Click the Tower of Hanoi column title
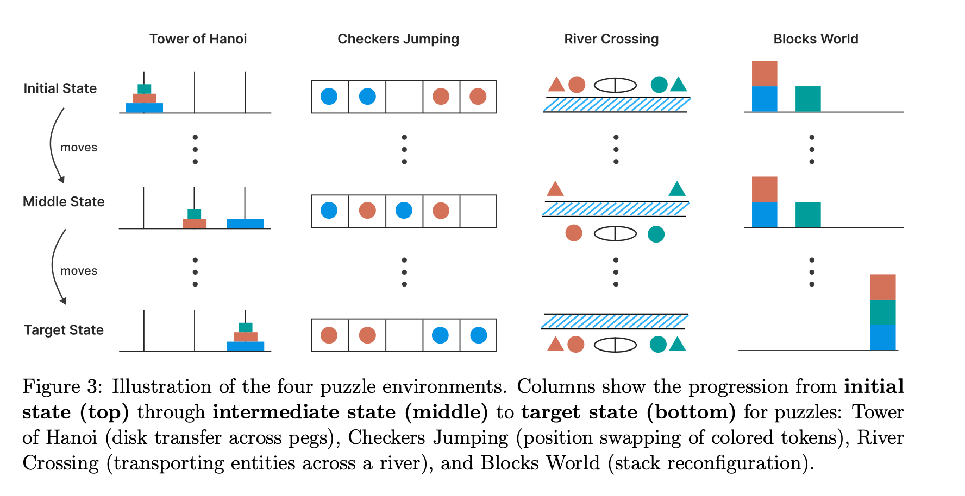198,39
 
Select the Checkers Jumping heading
398,39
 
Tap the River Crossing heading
611,39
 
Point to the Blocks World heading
816,39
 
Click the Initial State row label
60,88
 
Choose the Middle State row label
64,202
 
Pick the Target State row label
64,330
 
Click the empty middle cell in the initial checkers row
404,97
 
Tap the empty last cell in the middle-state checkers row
478,211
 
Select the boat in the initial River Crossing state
615,85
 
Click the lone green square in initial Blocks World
808,99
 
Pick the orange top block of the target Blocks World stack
883,287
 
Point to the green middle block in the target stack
883,312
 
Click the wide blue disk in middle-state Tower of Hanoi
245,223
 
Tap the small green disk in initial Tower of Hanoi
144,89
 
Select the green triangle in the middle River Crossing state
677,189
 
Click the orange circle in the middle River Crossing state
574,233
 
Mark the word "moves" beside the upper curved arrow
79,148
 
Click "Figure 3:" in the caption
62,387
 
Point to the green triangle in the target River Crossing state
678,345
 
